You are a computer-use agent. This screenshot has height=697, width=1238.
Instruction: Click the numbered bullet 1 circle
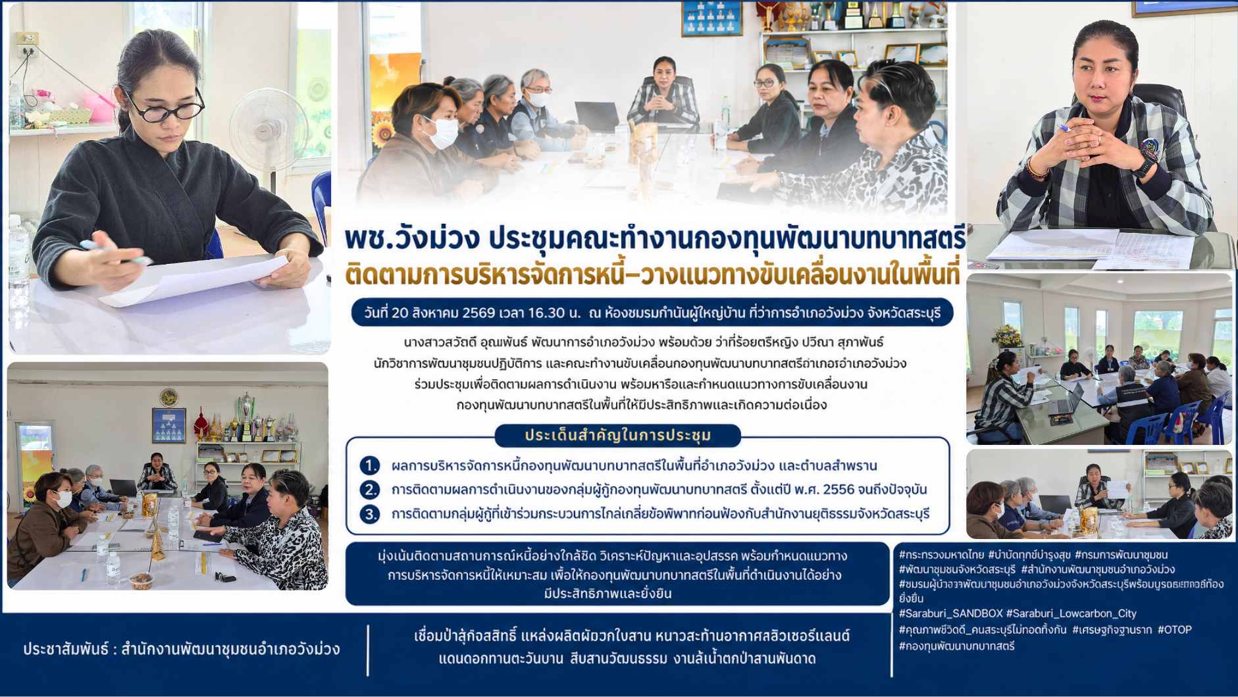(370, 466)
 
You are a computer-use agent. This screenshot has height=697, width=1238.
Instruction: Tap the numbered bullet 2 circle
(370, 490)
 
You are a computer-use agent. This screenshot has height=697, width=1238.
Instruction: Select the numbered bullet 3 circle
(370, 513)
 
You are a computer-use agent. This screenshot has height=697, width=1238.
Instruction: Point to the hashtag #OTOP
(1175, 630)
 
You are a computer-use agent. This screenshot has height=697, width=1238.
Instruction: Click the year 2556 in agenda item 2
(837, 490)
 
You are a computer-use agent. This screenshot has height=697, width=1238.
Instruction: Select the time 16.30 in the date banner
(546, 313)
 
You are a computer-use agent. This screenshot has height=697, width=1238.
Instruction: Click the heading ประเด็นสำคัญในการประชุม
(618, 435)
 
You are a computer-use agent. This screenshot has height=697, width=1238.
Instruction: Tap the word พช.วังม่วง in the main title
(412, 238)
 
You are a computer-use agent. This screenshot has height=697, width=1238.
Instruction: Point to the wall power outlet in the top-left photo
(28, 39)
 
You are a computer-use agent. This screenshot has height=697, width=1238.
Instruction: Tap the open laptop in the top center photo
(596, 116)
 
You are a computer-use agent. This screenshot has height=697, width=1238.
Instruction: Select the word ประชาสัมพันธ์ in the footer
(65, 649)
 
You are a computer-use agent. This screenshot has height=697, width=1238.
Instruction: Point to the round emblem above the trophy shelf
(168, 397)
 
